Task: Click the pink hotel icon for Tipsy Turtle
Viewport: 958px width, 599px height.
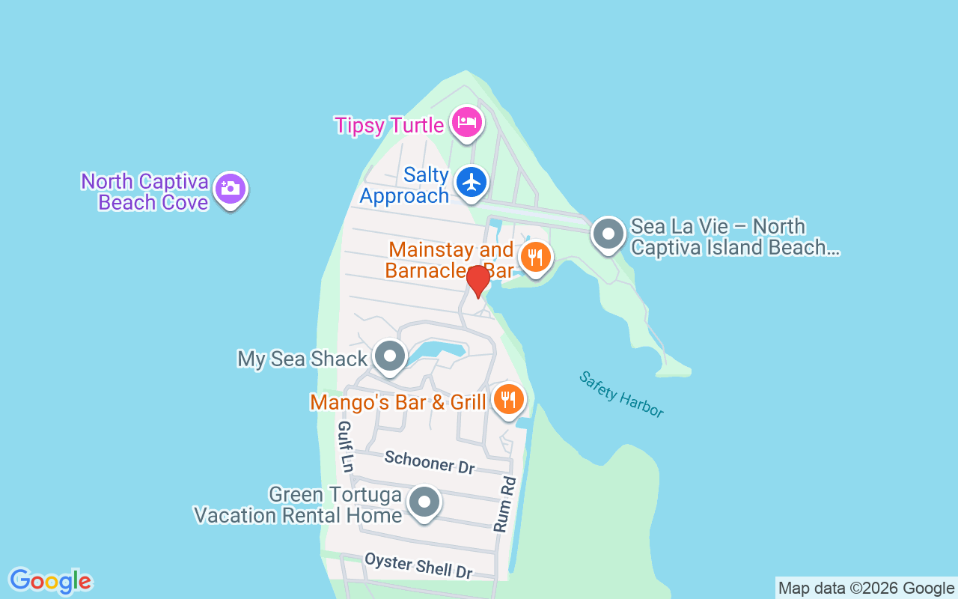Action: (466, 122)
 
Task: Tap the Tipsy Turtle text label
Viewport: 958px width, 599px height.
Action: (389, 125)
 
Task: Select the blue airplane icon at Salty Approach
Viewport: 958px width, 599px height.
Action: (472, 182)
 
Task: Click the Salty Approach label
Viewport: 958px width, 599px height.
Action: (405, 186)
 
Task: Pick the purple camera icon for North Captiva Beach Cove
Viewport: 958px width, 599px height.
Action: (230, 188)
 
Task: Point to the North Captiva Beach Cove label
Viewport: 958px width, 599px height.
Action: (145, 192)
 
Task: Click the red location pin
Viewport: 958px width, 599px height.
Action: (478, 281)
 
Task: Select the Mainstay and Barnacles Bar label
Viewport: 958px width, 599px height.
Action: (449, 260)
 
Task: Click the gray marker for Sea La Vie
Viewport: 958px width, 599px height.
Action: (608, 234)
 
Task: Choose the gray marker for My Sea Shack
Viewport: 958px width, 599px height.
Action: (389, 356)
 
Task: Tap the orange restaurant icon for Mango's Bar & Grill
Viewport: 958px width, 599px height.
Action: (508, 399)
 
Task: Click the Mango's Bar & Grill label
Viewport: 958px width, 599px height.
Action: (398, 402)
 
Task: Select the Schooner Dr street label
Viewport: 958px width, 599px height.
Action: (430, 462)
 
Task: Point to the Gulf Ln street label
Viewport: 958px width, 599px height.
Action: (345, 446)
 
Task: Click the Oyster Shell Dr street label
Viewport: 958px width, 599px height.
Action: (418, 565)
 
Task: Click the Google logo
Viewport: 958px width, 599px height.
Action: (50, 581)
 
